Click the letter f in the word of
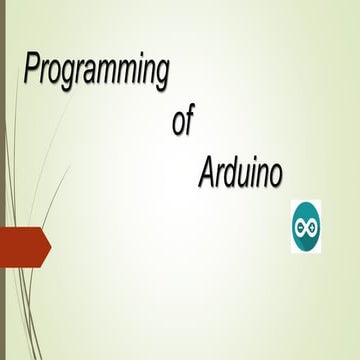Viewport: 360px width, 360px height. (x=189, y=121)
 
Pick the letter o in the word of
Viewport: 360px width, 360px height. (x=178, y=124)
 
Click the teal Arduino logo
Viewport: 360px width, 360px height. (x=305, y=225)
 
